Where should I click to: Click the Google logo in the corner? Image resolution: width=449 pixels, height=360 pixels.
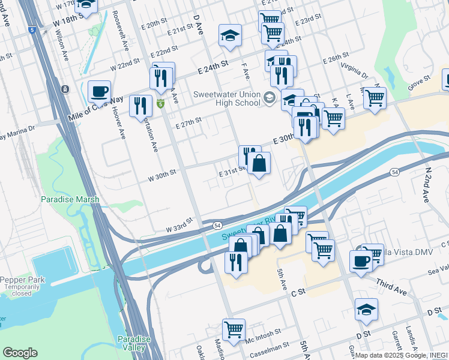pos(20,353)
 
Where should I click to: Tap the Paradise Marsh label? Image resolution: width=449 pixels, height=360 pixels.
pos(65,199)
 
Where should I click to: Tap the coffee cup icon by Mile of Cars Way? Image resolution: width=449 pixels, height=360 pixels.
pos(99,91)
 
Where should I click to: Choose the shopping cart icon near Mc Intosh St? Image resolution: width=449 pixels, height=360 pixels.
pos(233,329)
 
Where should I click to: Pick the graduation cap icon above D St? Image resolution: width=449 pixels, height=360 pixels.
pos(366,309)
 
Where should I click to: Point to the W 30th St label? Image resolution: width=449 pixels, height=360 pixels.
pos(162,172)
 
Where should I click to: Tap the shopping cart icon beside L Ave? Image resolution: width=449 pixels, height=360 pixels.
pos(375,98)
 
